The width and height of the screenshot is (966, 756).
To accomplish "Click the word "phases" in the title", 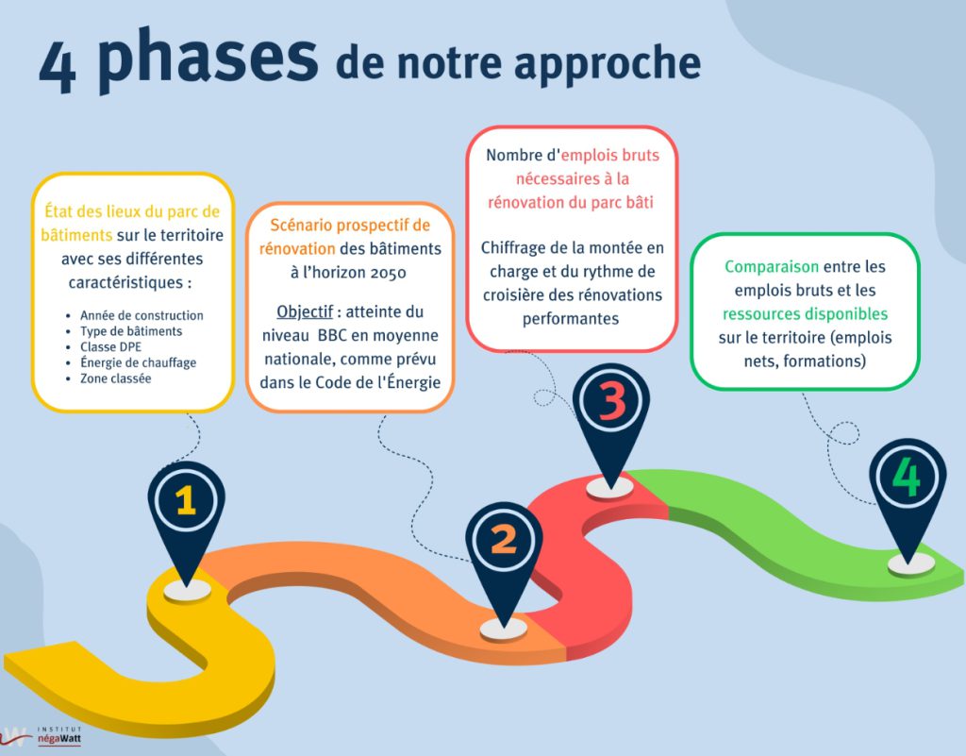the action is pyautogui.click(x=208, y=59).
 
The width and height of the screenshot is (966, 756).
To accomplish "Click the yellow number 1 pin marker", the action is pyautogui.click(x=186, y=522).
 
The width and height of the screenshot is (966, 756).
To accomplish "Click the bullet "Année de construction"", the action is pyautogui.click(x=142, y=315).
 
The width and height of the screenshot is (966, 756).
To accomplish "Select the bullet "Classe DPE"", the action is pyautogui.click(x=111, y=347).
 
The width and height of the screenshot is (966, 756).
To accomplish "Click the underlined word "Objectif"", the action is pyautogui.click(x=305, y=311).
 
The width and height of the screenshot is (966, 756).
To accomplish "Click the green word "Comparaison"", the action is pyautogui.click(x=772, y=267).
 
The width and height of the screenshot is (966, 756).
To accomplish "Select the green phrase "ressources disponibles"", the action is pyautogui.click(x=806, y=314).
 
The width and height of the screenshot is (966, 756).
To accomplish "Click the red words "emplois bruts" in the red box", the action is pyautogui.click(x=610, y=156).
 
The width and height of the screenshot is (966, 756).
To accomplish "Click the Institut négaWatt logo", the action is pyautogui.click(x=42, y=735).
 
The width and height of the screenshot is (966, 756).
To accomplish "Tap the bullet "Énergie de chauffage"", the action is pyautogui.click(x=138, y=363).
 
